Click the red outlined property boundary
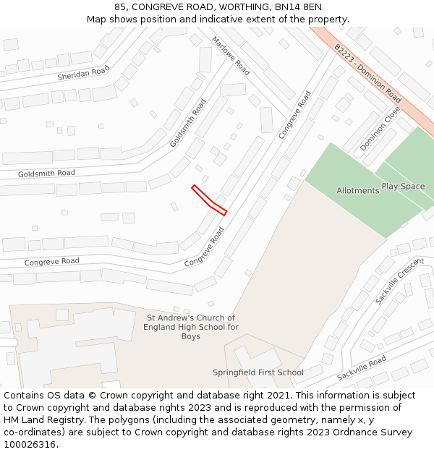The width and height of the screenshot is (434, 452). click(209, 200)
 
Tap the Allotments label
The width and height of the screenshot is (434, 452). click(357, 191)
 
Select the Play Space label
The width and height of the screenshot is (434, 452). click(403, 187)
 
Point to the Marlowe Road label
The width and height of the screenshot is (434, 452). click(231, 56)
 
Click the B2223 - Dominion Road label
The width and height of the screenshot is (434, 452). click(367, 73)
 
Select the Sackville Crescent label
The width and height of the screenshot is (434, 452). click(399, 281)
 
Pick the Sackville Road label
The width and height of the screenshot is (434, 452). click(362, 370)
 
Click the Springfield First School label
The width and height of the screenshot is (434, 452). click(258, 373)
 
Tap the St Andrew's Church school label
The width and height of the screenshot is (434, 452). click(191, 327)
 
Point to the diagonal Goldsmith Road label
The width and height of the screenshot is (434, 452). click(188, 123)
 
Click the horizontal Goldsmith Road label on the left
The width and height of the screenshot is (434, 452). click(46, 174)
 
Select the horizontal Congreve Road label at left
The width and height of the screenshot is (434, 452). click(52, 261)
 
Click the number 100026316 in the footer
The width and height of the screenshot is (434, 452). click(29, 445)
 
